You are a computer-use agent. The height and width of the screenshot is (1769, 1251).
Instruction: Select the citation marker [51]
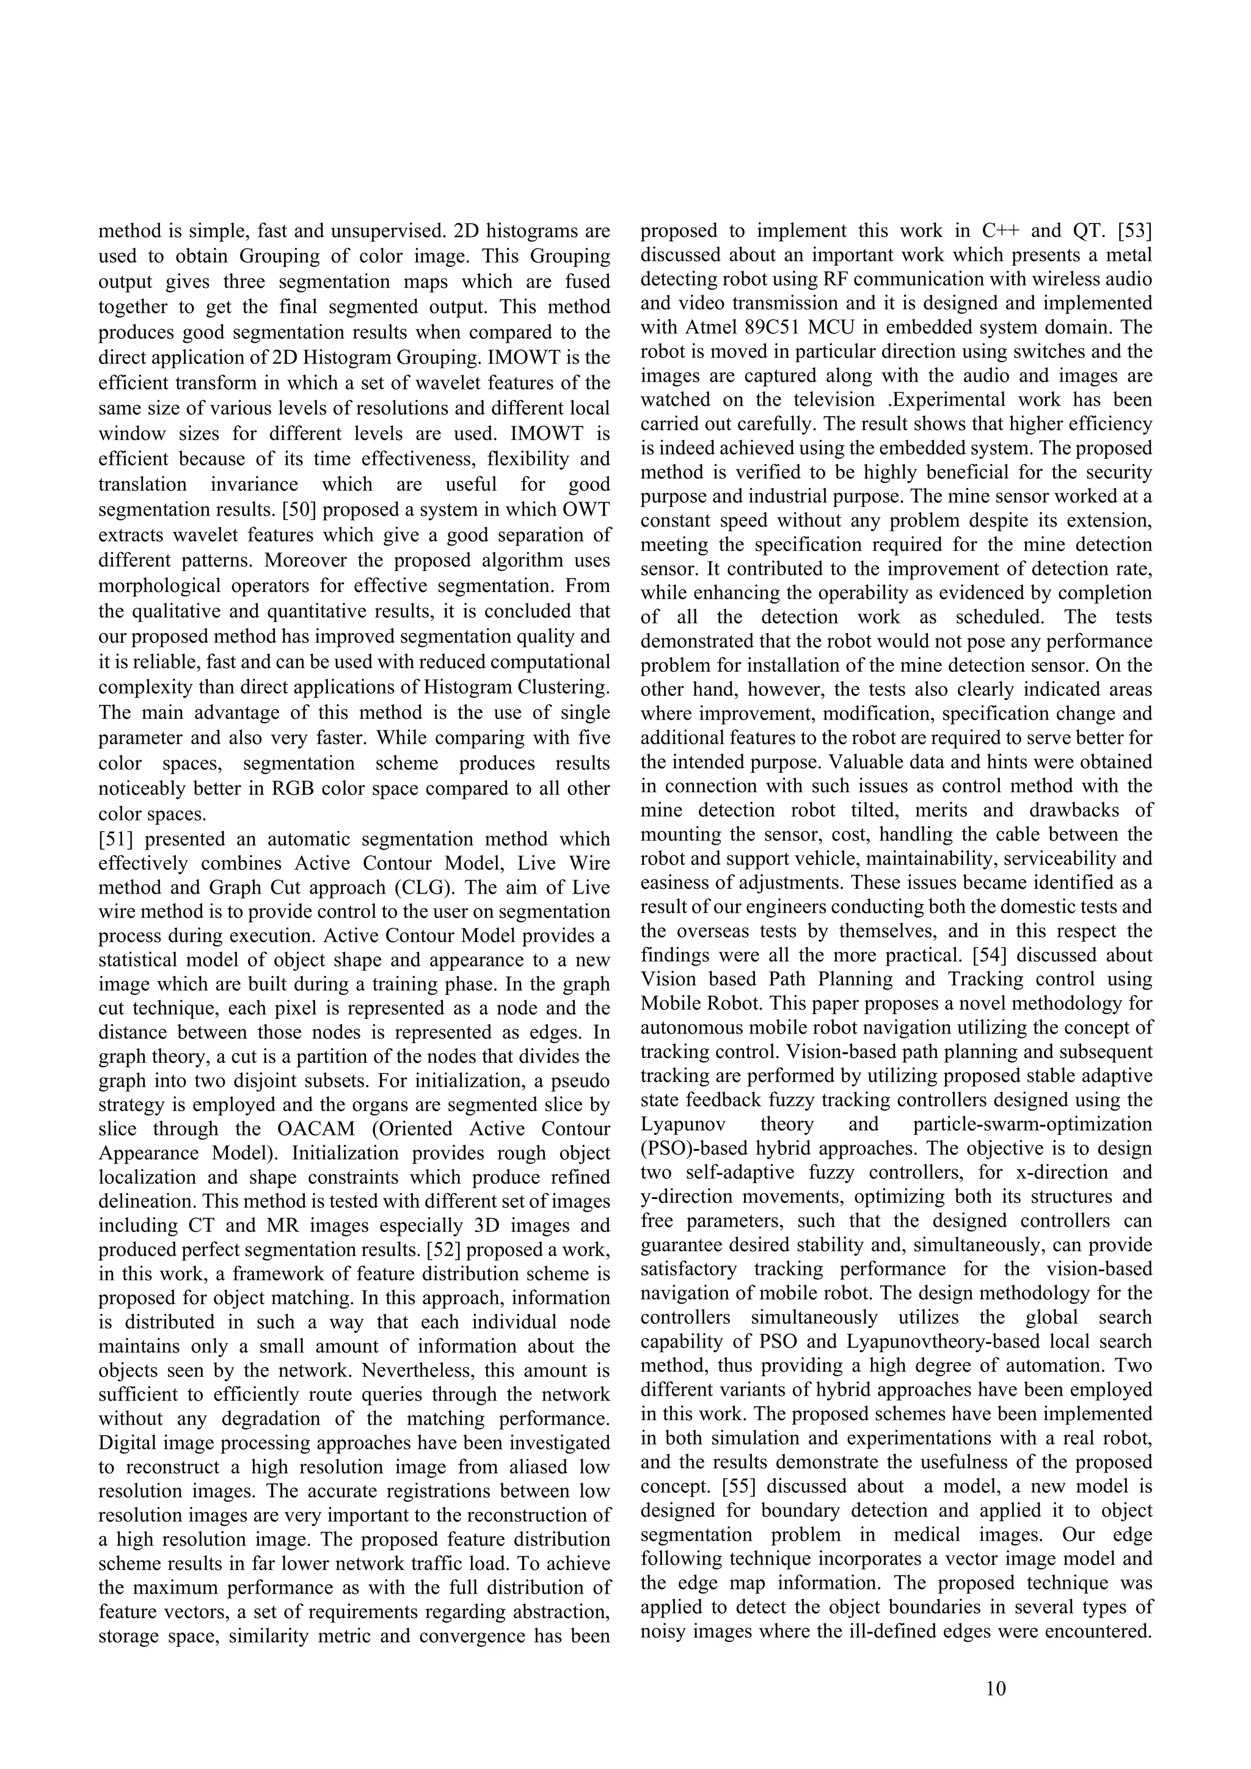tap(115, 839)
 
